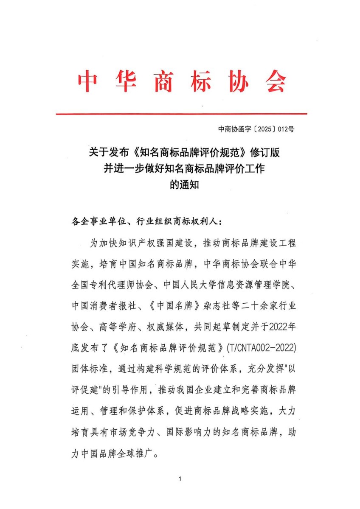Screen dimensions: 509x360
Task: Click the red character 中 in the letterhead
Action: tap(87, 81)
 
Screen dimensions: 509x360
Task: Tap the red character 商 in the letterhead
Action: tap(163, 81)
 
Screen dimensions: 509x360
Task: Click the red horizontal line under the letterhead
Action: tap(181, 114)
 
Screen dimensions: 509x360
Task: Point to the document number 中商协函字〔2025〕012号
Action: tap(256, 129)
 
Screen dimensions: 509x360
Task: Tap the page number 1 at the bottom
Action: tap(180, 479)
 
